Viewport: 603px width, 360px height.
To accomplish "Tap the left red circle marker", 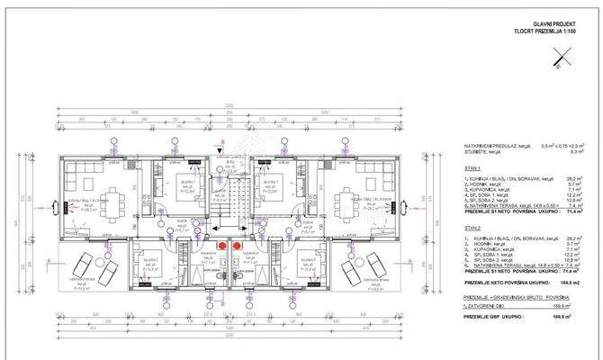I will click(x=217, y=243).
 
